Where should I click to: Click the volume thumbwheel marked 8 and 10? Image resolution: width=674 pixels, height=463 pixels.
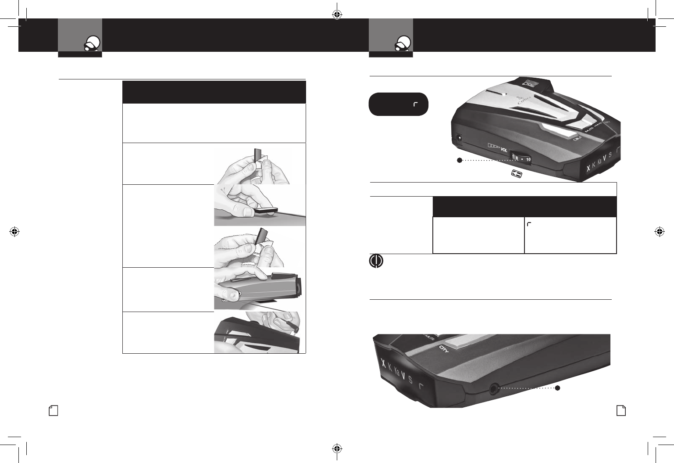[522, 158]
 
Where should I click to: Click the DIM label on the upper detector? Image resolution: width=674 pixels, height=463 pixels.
[578, 139]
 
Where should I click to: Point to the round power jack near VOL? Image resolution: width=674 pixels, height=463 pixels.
[459, 137]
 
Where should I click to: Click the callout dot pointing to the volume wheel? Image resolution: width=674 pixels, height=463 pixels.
[459, 160]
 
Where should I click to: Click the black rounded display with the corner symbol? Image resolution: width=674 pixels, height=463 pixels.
[398, 104]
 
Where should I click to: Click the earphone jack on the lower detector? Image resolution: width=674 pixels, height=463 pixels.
[495, 388]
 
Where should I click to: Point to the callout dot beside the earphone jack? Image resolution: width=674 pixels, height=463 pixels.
[558, 388]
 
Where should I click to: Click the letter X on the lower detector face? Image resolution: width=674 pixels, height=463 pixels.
[383, 363]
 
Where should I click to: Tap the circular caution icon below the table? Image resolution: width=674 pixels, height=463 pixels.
[376, 261]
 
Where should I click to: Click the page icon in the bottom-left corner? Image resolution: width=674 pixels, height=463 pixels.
[53, 410]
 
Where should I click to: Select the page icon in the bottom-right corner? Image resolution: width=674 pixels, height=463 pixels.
[621, 410]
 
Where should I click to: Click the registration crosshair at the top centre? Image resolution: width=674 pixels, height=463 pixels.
[337, 14]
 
